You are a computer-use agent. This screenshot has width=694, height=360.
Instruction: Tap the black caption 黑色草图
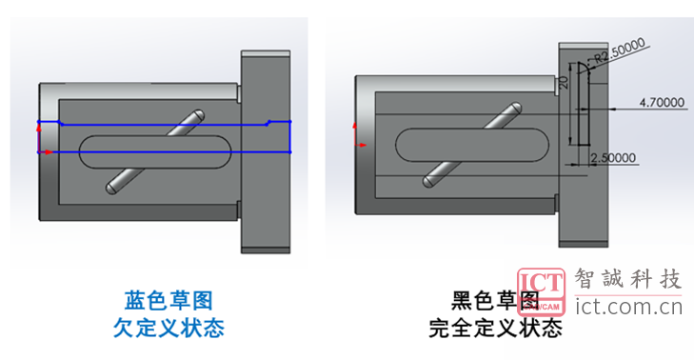click(495, 301)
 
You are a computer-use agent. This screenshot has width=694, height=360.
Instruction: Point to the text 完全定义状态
click(495, 330)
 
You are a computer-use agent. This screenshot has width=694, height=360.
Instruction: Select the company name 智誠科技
click(629, 280)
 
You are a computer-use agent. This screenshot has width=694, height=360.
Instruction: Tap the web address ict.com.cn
click(629, 307)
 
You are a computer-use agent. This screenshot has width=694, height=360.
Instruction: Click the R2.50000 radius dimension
click(620, 50)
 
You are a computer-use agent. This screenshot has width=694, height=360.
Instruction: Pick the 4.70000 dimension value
click(662, 101)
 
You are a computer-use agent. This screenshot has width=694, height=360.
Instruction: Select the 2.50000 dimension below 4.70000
click(615, 158)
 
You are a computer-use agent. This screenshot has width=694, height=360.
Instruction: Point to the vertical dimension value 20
click(565, 84)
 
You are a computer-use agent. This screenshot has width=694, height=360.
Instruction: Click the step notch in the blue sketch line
click(269, 123)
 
